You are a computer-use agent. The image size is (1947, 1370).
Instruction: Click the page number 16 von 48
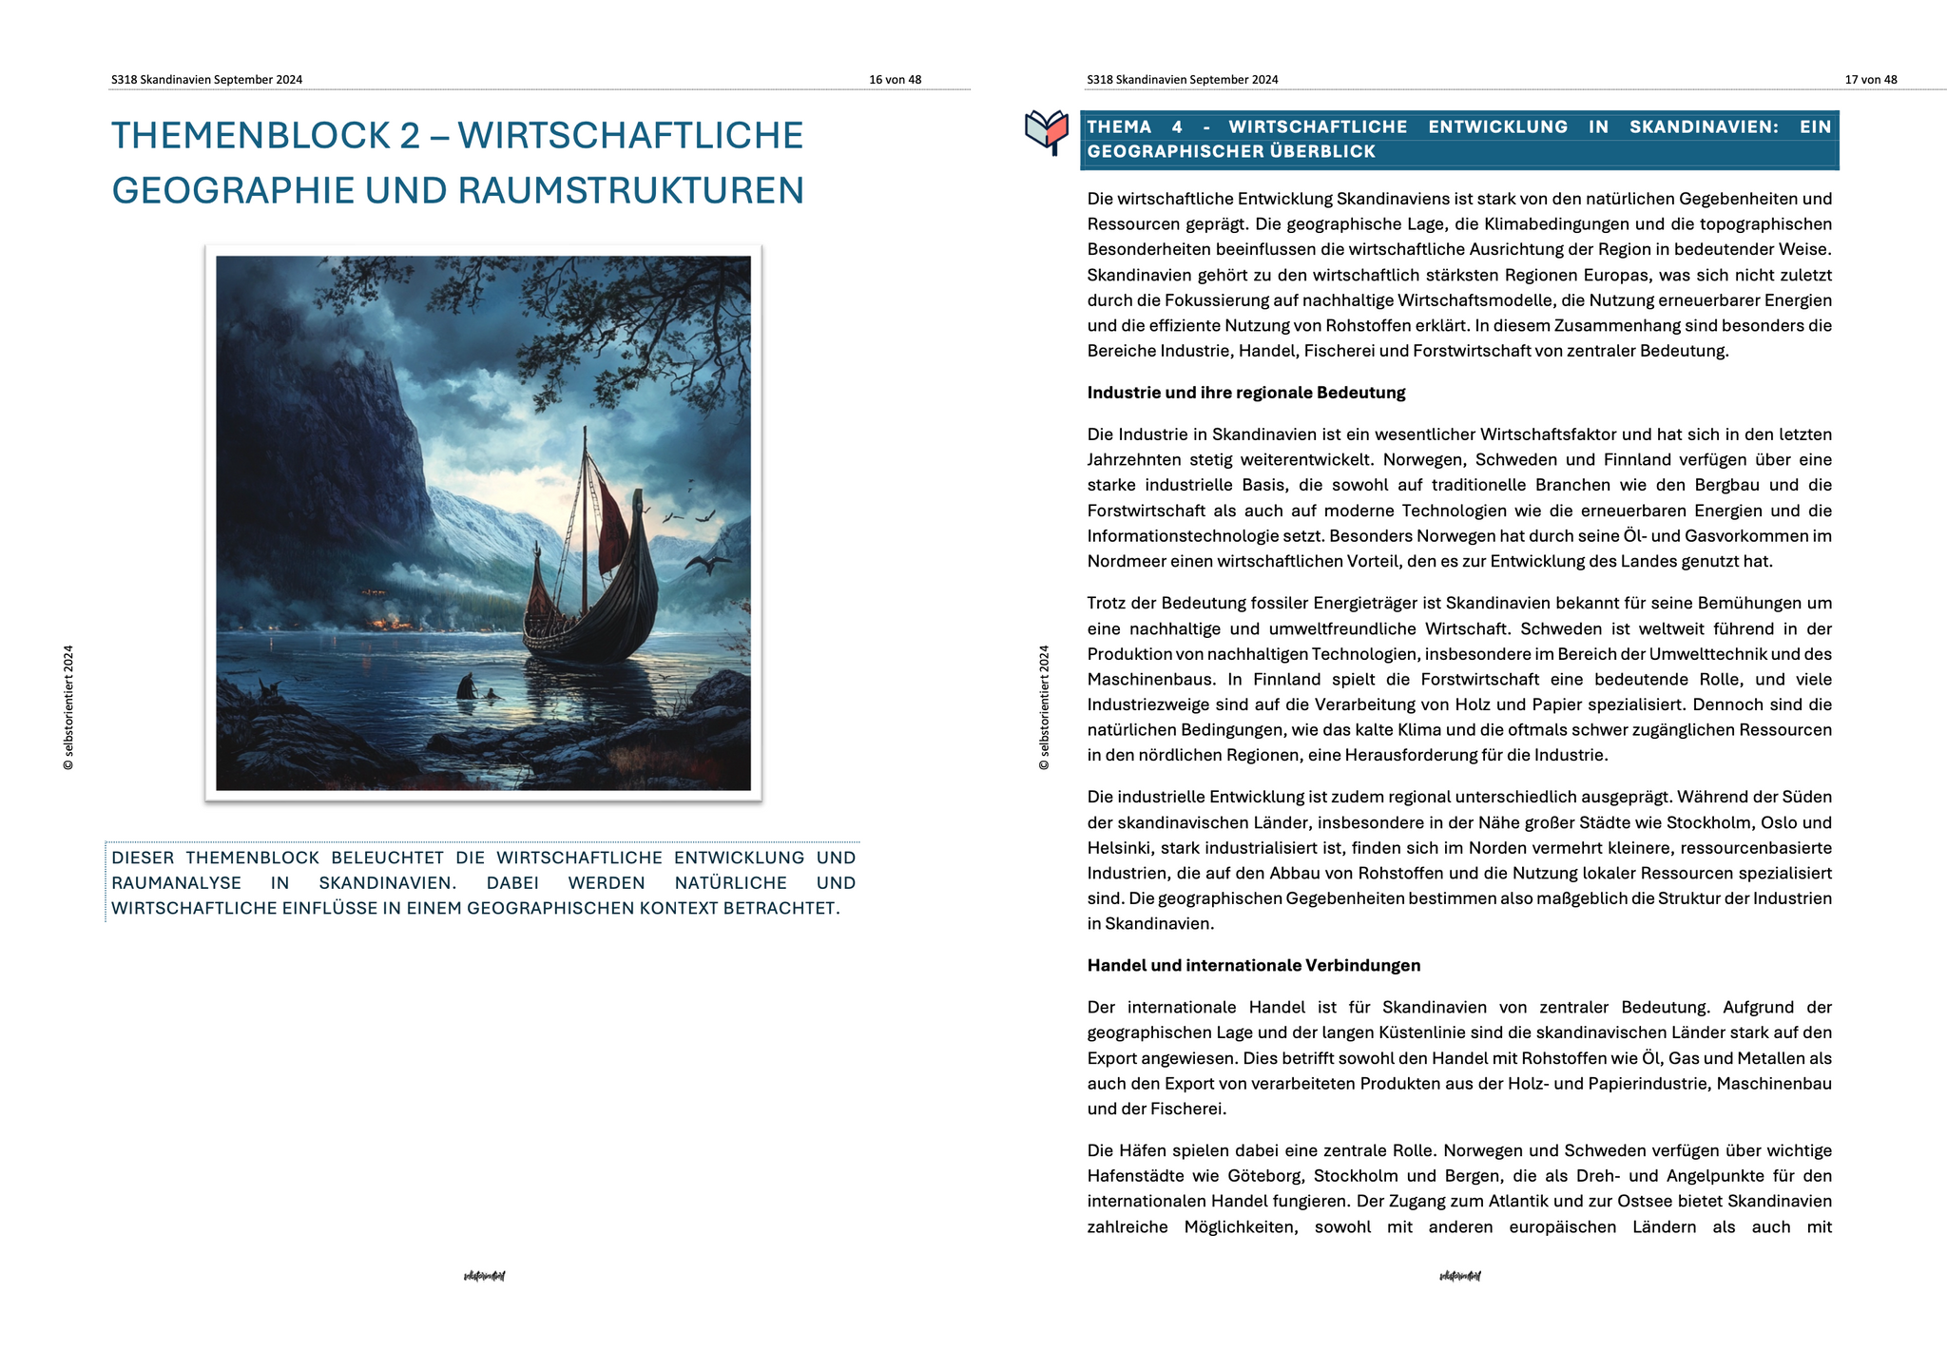coord(895,80)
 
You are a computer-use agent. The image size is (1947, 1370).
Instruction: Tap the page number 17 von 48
coord(1870,80)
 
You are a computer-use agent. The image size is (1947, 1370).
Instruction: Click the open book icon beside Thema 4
coord(1047,131)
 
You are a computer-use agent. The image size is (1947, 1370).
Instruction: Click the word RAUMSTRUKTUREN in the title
coord(631,191)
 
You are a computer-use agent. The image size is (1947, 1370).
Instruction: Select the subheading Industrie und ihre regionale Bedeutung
coord(1245,393)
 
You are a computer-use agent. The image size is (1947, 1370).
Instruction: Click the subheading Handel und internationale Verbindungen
coord(1253,966)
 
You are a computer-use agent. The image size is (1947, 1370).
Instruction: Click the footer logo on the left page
coord(484,1276)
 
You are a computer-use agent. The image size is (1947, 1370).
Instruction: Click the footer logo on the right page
coord(1459,1276)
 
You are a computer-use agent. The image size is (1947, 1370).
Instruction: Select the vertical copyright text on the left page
coord(68,707)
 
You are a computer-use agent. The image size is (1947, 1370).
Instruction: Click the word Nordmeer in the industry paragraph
coord(1126,562)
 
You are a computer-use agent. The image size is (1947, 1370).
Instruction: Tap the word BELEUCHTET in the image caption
coord(387,858)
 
